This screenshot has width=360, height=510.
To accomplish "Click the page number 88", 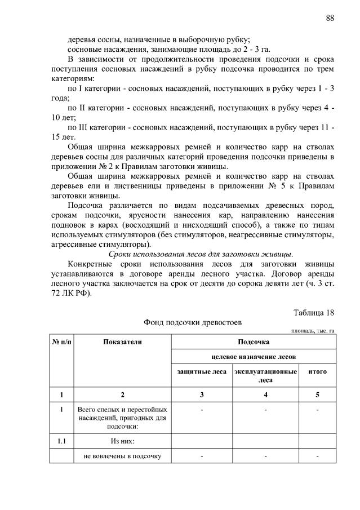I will pos(330,18).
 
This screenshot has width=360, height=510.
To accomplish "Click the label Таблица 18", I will pos(314,313).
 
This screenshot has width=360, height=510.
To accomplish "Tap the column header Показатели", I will pos(122,342).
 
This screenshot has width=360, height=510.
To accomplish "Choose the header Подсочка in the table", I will pos(253,342).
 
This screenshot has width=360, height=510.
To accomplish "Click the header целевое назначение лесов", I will pos(253,357).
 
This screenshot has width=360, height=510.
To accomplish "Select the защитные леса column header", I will pos(201,372).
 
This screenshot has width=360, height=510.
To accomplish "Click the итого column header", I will pos(317,372).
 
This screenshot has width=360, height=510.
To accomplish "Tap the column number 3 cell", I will pos(201,394).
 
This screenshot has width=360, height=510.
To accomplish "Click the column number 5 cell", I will pos(317,394).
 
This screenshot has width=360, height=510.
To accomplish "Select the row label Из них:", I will pos(122,441).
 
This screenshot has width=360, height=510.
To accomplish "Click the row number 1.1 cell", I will pos(61,441).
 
